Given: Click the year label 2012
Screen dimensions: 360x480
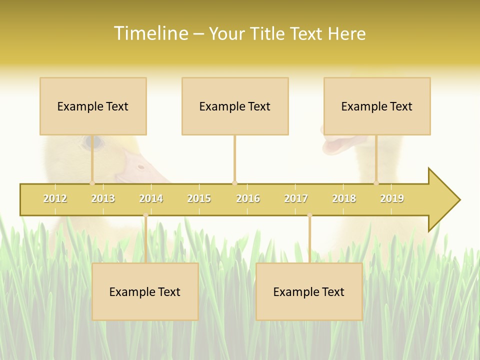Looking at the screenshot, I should pos(55,198).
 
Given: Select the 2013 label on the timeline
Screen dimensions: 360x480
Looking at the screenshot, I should pos(103,198).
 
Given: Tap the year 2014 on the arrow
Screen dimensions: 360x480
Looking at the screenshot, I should pos(151,198).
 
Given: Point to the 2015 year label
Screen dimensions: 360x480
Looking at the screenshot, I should pos(199,198).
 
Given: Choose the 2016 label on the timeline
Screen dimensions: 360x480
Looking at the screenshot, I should pos(248,198).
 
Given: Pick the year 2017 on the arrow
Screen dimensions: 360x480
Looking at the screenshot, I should pos(296,198).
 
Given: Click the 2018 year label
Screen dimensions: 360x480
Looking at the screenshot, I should pos(344,198).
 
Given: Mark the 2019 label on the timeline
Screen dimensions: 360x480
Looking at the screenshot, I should pos(392,198).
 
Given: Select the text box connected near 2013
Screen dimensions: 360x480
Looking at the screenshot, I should pos(93,106).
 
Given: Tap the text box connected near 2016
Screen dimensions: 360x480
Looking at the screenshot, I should pos(235,106).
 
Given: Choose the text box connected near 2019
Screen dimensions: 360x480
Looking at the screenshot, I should pos(377,106).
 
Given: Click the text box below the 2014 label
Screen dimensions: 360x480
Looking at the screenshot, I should pos(145,291).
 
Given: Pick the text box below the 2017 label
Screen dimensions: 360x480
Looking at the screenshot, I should pos(309,291).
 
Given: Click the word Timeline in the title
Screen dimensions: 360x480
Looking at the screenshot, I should pos(150,33).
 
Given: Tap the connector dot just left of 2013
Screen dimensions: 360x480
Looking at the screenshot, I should pos(92,183).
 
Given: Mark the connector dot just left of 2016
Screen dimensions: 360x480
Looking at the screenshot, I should pos(234,183).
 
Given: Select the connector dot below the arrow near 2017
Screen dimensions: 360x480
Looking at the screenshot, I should pos(309,215).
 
